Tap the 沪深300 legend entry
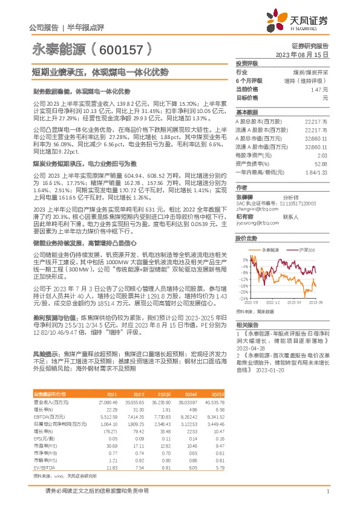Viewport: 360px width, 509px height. click(x=304, y=250)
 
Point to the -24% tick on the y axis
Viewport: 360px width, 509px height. click(x=243, y=299)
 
